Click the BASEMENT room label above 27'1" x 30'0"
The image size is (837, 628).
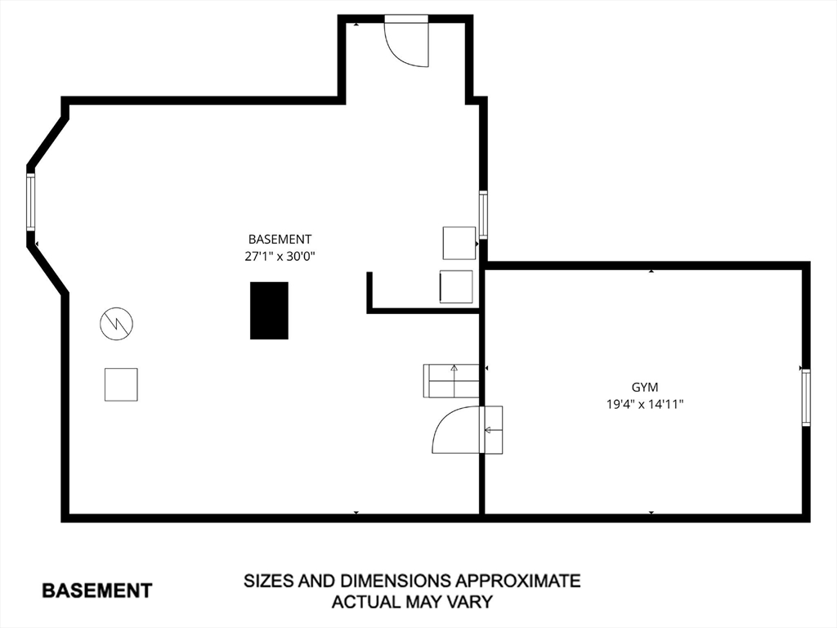pyautogui.click(x=280, y=240)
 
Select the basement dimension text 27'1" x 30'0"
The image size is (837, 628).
pyautogui.click(x=280, y=256)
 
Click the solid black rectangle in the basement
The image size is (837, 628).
pyautogui.click(x=269, y=310)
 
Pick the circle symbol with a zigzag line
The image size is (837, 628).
pyautogui.click(x=116, y=325)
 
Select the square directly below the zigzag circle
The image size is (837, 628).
pyautogui.click(x=121, y=384)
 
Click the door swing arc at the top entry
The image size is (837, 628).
pyautogui.click(x=404, y=45)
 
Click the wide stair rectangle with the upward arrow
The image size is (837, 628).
pyautogui.click(x=451, y=381)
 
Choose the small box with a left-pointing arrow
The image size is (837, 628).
pyautogui.click(x=493, y=429)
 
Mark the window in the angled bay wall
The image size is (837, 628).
pyautogui.click(x=31, y=202)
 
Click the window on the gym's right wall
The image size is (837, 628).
pyautogui.click(x=805, y=397)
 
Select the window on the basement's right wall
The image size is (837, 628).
pyautogui.click(x=483, y=214)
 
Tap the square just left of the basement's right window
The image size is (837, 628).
pyautogui.click(x=459, y=243)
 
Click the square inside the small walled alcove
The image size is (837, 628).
pyautogui.click(x=456, y=286)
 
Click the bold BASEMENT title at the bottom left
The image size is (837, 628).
pyautogui.click(x=96, y=590)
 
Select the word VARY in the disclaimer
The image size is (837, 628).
pyautogui.click(x=470, y=603)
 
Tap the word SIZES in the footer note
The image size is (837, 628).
pyautogui.click(x=269, y=581)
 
